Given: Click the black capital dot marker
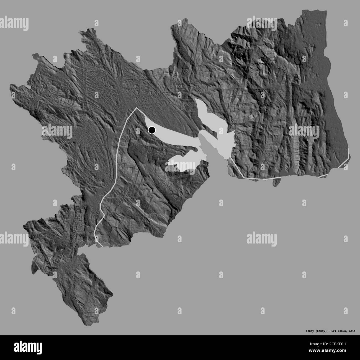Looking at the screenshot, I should point(152,130).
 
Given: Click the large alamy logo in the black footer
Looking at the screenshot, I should point(29,347).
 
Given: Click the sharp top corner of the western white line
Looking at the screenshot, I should point(136,108).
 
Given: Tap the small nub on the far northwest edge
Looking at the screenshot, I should point(34,56).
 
